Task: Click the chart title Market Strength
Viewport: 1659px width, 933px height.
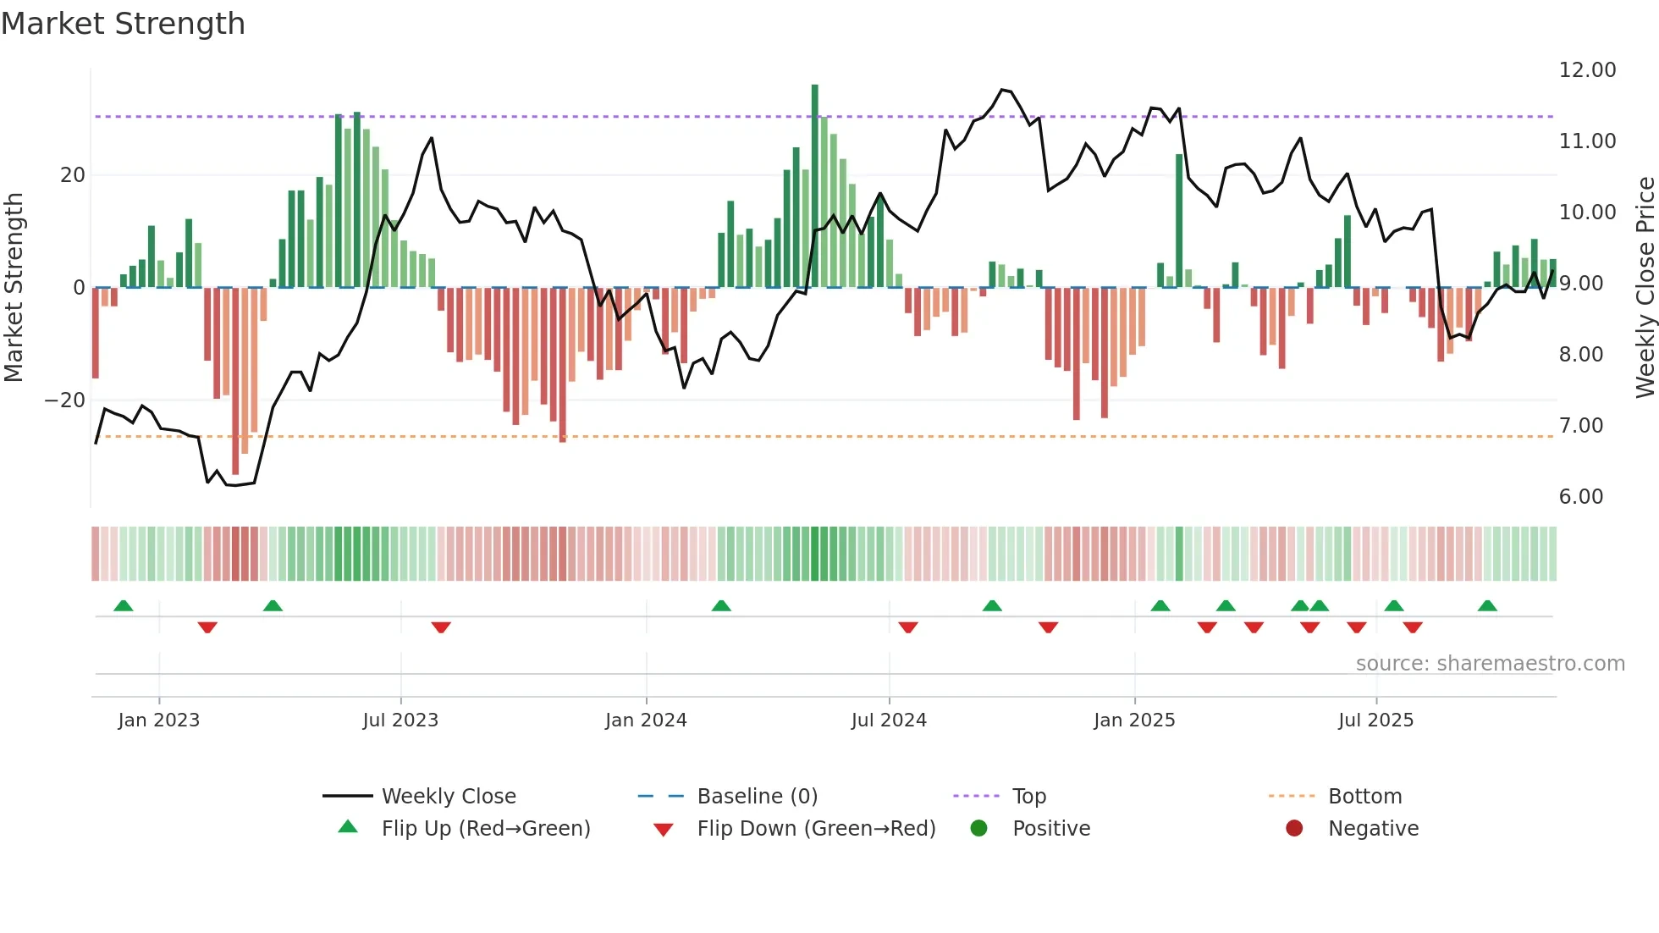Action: [x=123, y=24]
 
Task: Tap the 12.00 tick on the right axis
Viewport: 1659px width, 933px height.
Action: [x=1587, y=70]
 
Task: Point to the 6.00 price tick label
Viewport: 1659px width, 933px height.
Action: [x=1580, y=497]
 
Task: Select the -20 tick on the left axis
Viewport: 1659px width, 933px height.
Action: [x=65, y=400]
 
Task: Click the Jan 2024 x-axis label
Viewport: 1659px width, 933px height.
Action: [x=646, y=720]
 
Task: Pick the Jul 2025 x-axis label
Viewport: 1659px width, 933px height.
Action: [x=1375, y=720]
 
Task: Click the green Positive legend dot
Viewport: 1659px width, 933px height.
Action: [x=979, y=829]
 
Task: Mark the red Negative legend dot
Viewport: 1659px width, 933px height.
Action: [x=1294, y=829]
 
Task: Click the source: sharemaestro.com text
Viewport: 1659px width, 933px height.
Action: [x=1490, y=664]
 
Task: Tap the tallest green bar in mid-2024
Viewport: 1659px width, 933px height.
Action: [x=815, y=186]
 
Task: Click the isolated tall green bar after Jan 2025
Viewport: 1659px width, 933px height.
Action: [x=1179, y=220]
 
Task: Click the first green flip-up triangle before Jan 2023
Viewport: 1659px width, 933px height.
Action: [x=124, y=605]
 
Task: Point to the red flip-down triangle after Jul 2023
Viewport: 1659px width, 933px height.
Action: [x=441, y=627]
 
